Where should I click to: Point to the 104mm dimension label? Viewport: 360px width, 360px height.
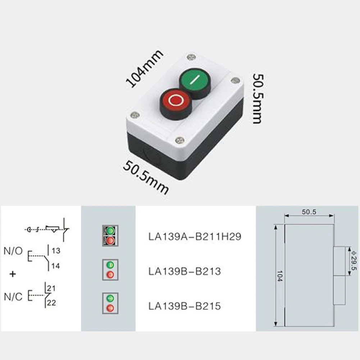[x=145, y=69]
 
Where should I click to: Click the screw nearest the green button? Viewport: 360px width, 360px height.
[x=191, y=57]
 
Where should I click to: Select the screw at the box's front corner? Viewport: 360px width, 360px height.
[x=179, y=140]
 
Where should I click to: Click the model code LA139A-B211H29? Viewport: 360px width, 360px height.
[x=195, y=237]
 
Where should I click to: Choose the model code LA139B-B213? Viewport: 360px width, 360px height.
[x=184, y=272]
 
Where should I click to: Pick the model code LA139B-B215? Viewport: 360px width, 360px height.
[x=184, y=306]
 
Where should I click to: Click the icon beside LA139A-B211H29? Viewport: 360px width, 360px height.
[x=110, y=236]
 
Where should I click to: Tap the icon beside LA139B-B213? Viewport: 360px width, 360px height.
[x=110, y=270]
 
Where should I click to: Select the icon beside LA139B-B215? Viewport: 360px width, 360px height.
[x=110, y=303]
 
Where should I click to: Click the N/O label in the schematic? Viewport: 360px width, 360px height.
[x=13, y=251]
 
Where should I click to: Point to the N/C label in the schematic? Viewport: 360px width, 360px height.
[x=13, y=297]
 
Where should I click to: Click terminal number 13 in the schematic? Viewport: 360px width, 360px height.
[x=56, y=251]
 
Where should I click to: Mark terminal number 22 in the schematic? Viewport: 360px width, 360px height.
[x=51, y=303]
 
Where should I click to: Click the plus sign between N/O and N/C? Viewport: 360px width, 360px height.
[x=13, y=274]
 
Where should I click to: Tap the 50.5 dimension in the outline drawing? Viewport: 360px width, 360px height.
[x=309, y=212]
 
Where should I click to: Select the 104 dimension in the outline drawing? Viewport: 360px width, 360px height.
[x=279, y=276]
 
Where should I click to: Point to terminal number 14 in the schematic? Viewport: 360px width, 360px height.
[x=55, y=266]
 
